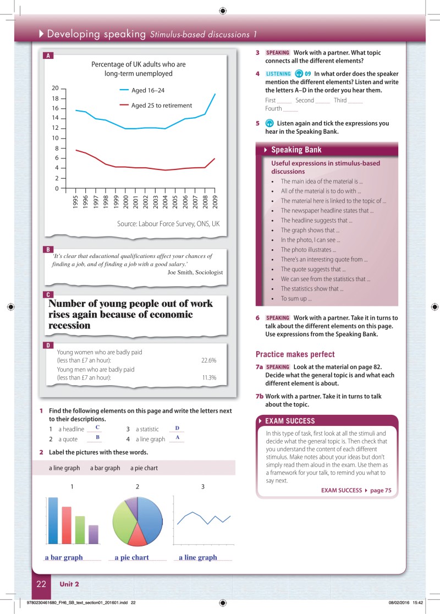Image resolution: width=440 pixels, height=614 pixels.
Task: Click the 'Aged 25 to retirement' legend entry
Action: coord(161,105)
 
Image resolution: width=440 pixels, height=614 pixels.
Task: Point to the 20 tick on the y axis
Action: coord(55,88)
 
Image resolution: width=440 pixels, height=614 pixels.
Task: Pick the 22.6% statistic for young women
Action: coord(208,360)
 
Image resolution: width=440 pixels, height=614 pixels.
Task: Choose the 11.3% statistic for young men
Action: coord(208,378)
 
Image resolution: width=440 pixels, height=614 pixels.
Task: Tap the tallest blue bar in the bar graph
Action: coord(53,519)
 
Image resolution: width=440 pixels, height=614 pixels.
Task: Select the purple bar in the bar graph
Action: coord(94,534)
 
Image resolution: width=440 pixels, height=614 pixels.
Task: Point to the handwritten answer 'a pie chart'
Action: coord(132,557)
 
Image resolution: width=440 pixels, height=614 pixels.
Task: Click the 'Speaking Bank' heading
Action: coord(296,150)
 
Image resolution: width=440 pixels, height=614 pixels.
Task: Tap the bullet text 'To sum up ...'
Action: coord(296,299)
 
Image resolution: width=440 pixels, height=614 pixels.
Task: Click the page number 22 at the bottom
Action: coord(41,584)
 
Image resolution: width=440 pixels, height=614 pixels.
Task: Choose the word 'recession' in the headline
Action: coord(69,325)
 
